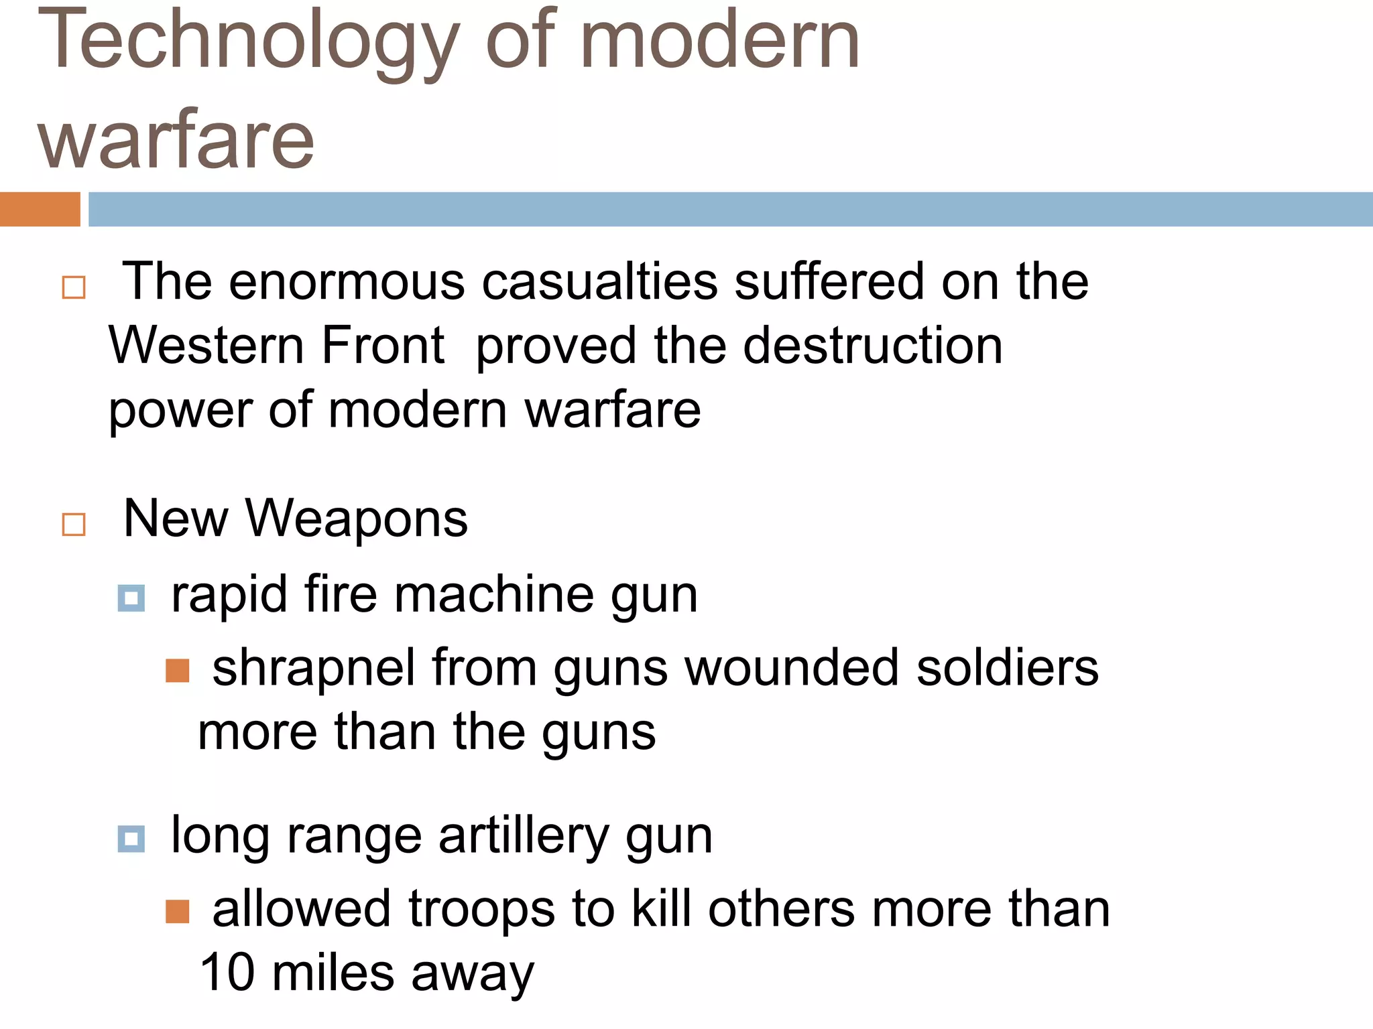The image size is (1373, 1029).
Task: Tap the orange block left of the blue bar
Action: point(40,209)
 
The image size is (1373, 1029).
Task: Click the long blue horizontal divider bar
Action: point(730,209)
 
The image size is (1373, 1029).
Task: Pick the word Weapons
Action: point(356,519)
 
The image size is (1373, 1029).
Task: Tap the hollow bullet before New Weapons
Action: point(74,524)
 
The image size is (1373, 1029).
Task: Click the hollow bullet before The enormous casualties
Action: point(74,287)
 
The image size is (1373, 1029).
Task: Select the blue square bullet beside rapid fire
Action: point(131,598)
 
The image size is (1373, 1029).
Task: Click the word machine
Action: point(493,594)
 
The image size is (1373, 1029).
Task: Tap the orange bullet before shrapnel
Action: point(178,670)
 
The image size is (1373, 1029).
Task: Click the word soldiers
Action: point(1007,668)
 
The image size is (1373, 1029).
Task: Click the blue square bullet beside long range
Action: point(131,838)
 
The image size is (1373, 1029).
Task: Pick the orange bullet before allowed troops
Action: point(178,911)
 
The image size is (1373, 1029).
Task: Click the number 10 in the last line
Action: point(227,972)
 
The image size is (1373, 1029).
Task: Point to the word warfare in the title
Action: point(176,139)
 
